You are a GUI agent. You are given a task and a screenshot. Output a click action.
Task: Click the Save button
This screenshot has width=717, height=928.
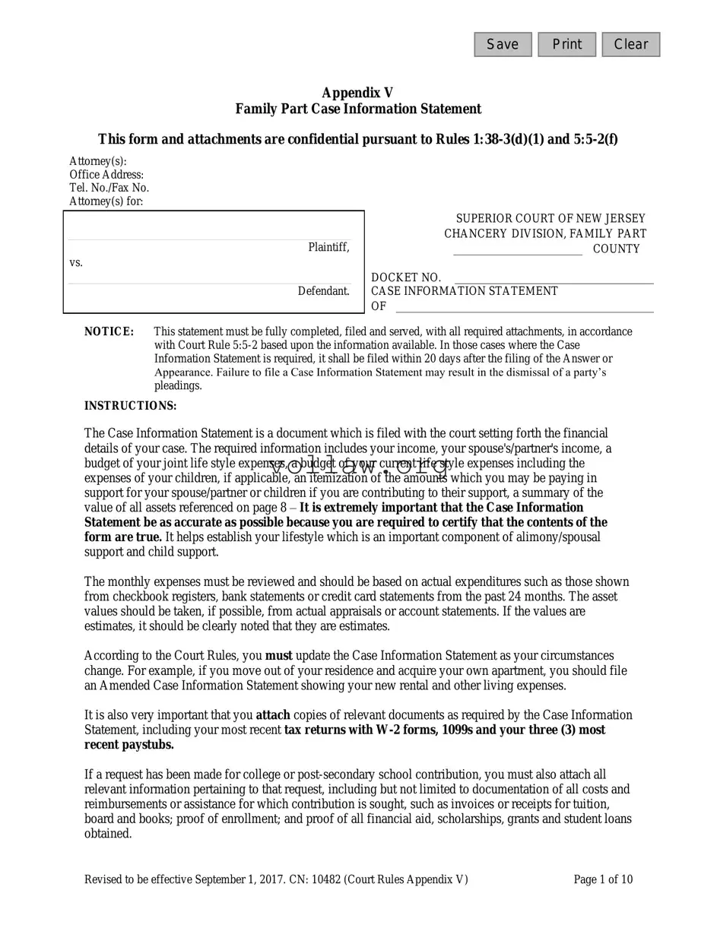(503, 45)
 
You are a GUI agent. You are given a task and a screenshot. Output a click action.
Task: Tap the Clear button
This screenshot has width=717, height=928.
(630, 45)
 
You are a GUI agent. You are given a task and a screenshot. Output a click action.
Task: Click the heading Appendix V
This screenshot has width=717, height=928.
(357, 93)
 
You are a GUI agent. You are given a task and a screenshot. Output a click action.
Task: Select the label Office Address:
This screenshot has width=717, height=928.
(106, 175)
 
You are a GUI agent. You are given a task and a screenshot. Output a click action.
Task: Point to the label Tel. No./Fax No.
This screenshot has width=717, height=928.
(109, 188)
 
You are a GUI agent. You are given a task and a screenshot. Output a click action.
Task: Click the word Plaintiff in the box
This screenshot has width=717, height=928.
(328, 247)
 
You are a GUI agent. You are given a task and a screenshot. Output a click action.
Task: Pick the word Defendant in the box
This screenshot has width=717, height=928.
(324, 291)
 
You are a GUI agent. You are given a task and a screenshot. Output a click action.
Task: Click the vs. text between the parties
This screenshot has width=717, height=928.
(76, 262)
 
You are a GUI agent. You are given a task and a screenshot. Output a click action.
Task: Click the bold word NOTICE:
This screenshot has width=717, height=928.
(109, 331)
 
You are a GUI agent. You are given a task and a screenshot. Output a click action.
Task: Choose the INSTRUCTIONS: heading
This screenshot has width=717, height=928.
(130, 406)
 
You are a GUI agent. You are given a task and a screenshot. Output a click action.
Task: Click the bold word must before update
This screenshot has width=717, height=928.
(278, 656)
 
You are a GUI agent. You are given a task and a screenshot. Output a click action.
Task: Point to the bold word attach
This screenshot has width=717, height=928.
(273, 715)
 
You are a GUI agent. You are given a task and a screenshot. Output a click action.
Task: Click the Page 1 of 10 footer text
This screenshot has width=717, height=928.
(603, 880)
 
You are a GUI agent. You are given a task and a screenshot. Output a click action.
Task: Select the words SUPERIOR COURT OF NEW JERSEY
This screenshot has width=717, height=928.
(550, 219)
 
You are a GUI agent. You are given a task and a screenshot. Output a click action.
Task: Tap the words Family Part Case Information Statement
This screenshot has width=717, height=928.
(357, 109)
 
